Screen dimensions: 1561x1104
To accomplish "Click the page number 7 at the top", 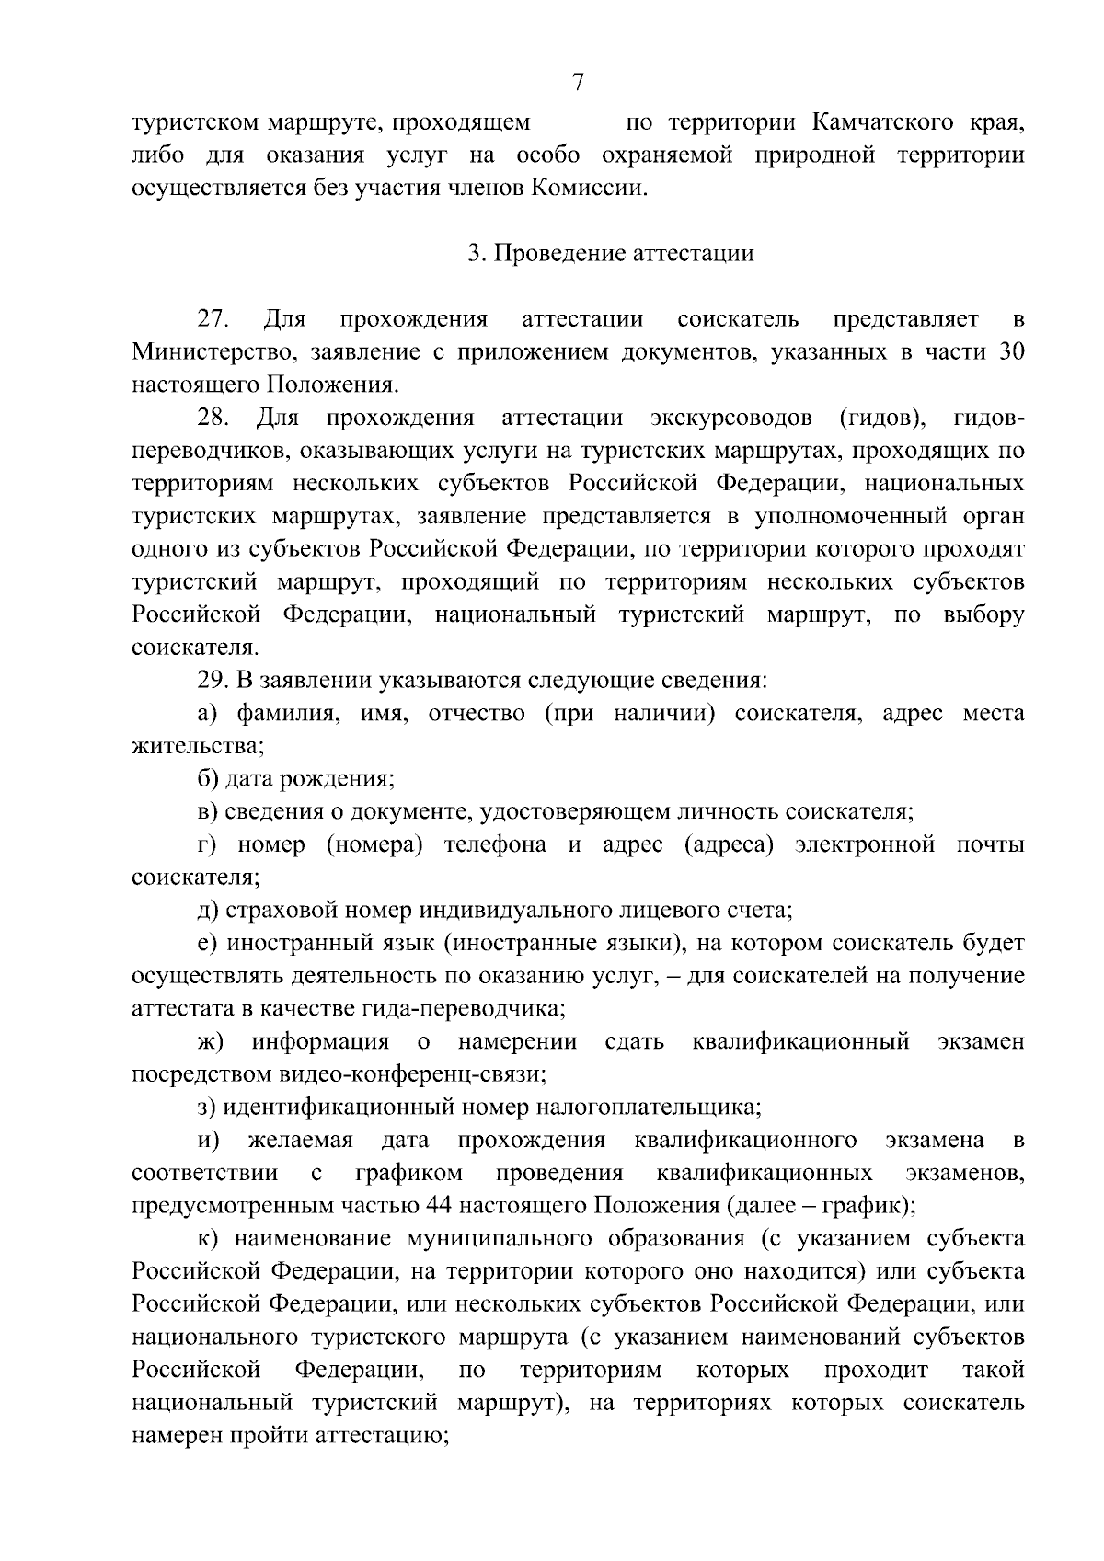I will [x=577, y=83].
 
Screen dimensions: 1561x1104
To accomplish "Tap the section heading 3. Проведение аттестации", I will [x=610, y=254].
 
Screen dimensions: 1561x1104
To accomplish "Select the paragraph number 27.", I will [x=213, y=320].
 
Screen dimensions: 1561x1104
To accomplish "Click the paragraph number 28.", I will [x=213, y=419].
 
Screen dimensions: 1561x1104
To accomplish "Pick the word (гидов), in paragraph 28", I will [x=881, y=419].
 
